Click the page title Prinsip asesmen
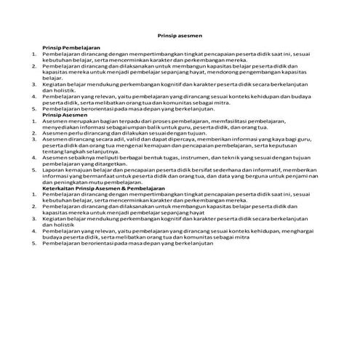coord(180,35)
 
